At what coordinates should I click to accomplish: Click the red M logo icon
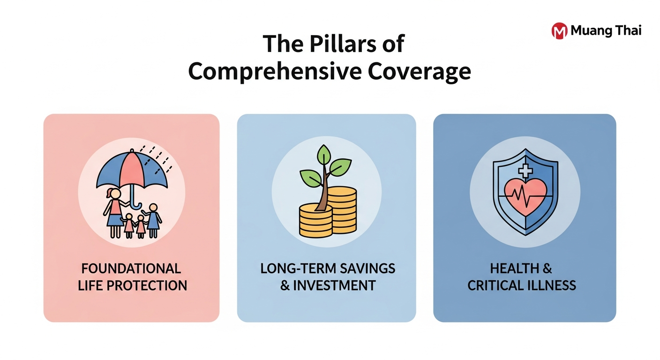(x=559, y=31)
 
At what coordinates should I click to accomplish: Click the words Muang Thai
(x=606, y=31)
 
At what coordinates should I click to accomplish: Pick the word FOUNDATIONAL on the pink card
(x=131, y=269)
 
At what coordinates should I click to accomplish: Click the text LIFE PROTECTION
(x=132, y=285)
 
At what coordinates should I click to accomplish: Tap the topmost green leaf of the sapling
(x=323, y=154)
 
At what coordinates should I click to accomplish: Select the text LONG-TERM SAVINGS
(x=328, y=269)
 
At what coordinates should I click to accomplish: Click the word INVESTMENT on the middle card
(x=334, y=285)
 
